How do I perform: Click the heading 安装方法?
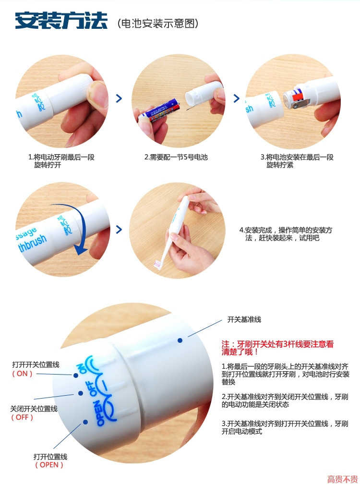click(61, 21)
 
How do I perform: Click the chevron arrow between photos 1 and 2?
click(119, 98)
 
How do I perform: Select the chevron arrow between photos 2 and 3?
click(236, 98)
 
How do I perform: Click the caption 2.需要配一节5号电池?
click(176, 158)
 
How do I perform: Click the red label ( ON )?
click(22, 374)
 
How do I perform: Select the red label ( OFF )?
click(22, 417)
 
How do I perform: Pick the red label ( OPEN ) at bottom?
click(49, 465)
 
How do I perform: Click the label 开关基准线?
click(244, 319)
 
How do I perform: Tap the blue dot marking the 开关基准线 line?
click(180, 340)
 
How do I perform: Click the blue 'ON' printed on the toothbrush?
click(82, 368)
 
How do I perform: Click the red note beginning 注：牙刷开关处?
click(277, 348)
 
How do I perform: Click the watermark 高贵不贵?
click(342, 479)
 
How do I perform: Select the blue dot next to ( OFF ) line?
click(81, 393)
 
